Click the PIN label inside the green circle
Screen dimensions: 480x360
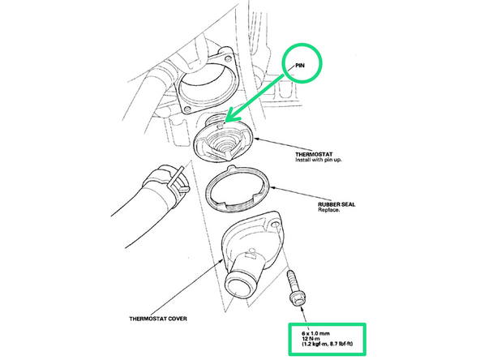coord(300,65)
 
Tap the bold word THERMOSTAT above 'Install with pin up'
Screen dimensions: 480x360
coord(314,154)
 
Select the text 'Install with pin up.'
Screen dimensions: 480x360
coord(319,160)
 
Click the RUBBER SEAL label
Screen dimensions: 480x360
coord(336,204)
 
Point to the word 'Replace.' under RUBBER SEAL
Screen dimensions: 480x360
coord(328,210)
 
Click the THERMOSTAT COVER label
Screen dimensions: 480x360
coord(158,319)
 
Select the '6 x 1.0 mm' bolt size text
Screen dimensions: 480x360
coord(315,333)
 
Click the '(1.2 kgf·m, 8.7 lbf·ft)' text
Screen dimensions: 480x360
coord(327,344)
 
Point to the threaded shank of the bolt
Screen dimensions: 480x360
coord(292,281)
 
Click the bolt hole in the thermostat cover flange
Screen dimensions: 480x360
coord(276,225)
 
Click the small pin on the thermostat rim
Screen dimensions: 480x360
coord(220,125)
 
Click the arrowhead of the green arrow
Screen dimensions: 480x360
coord(232,116)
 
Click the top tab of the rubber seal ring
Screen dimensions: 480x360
coord(231,168)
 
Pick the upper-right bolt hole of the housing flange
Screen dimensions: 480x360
coord(228,58)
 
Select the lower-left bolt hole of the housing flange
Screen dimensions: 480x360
coord(186,109)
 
